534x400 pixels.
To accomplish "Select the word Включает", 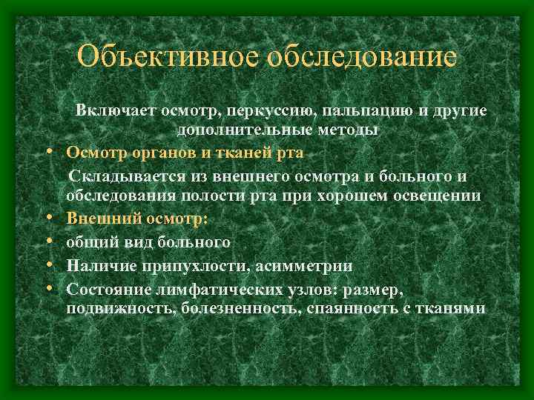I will click(x=111, y=111).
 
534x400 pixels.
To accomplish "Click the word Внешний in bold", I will click(x=97, y=220).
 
